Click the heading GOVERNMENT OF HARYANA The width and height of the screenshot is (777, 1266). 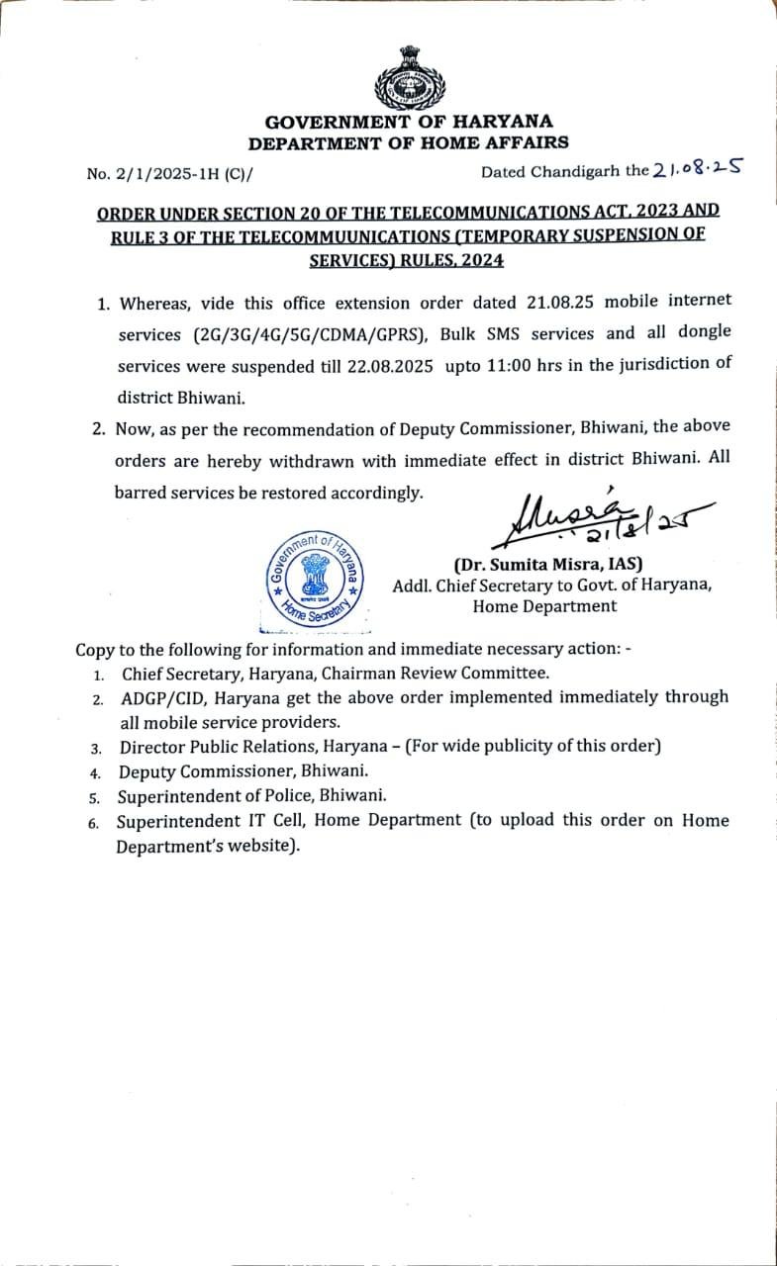pyautogui.click(x=408, y=123)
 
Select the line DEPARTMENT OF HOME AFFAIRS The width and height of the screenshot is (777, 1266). pyautogui.click(x=408, y=143)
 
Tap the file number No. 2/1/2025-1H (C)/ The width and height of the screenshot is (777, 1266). pyautogui.click(x=169, y=174)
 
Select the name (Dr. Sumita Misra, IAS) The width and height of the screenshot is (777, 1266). pyautogui.click(x=547, y=565)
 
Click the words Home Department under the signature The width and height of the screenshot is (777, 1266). pyautogui.click(x=544, y=606)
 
